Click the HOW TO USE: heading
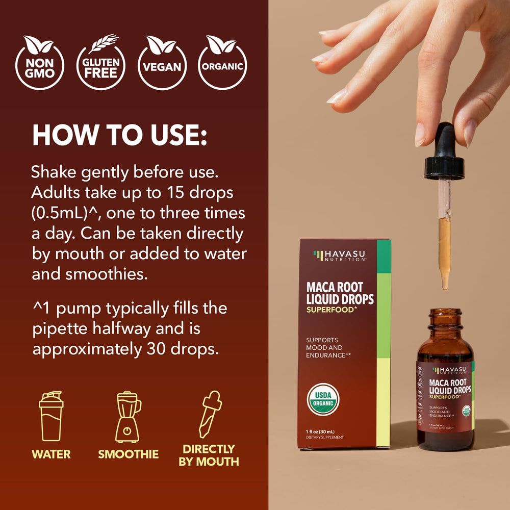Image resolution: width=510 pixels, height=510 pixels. pyautogui.click(x=119, y=135)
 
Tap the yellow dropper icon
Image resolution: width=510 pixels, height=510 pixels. pyautogui.click(x=210, y=414)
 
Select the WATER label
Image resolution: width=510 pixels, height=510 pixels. pyautogui.click(x=51, y=454)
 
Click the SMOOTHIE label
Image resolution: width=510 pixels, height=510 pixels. pyautogui.click(x=129, y=454)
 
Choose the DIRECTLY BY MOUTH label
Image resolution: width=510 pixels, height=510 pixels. pyautogui.click(x=211, y=455)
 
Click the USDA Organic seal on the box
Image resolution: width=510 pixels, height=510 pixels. pyautogui.click(x=323, y=399)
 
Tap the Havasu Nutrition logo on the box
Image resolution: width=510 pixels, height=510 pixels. pyautogui.click(x=339, y=256)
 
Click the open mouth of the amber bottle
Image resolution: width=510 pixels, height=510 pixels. pyautogui.click(x=445, y=312)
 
